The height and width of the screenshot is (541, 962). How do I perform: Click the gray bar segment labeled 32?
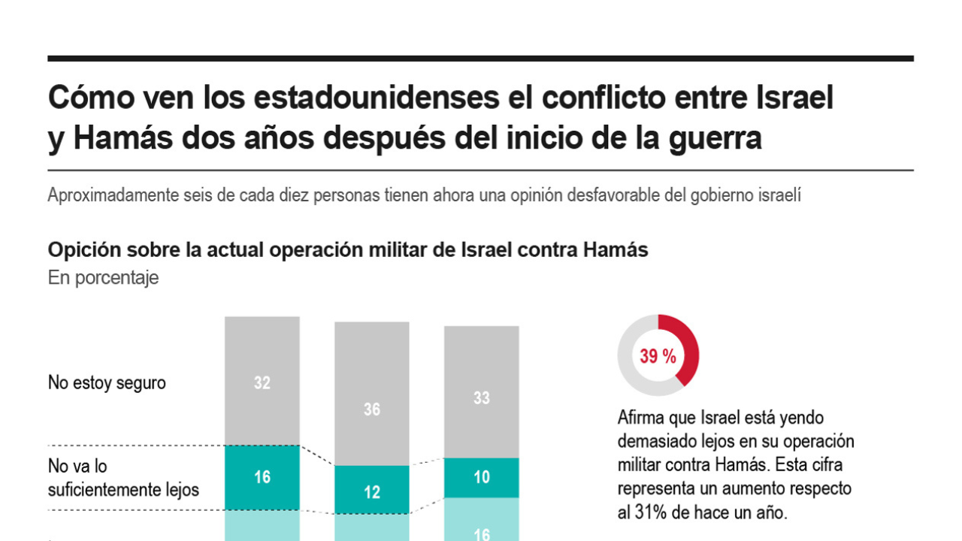coord(262,381)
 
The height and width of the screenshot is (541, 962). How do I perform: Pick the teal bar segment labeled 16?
coord(262,477)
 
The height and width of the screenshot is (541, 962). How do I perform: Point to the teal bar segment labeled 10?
coord(481,477)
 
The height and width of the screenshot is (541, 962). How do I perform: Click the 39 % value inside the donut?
coord(658,356)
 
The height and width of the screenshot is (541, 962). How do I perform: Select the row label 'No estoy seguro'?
coord(107,382)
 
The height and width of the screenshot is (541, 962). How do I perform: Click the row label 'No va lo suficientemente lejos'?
coord(123,479)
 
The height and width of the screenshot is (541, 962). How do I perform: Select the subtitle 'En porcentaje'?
coord(103,278)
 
